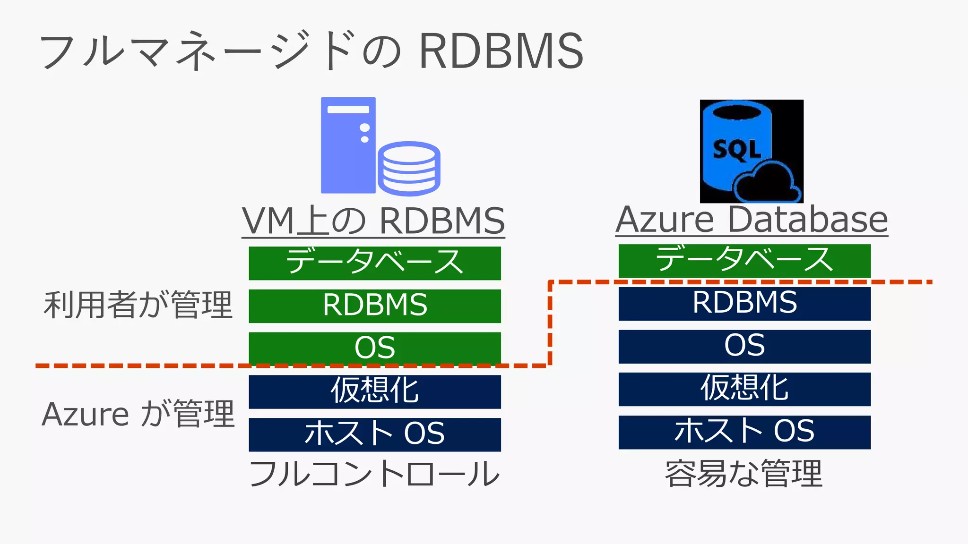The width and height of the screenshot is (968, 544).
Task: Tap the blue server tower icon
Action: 348,145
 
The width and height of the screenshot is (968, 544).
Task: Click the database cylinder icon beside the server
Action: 409,168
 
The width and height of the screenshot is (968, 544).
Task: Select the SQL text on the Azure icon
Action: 736,150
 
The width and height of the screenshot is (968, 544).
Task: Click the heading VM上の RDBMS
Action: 373,221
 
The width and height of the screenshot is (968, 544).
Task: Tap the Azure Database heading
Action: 752,220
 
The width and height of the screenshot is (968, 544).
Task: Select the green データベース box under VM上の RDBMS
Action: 375,263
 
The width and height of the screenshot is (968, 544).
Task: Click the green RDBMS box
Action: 375,306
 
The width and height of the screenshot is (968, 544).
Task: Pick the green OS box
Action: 375,348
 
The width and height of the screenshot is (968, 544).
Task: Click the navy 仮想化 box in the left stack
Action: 375,391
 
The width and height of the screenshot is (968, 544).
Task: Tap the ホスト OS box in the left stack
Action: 375,434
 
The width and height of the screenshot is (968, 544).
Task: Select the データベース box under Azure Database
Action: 744,260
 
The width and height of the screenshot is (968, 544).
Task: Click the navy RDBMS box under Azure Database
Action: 744,303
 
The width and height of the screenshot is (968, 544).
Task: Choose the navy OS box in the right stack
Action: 744,346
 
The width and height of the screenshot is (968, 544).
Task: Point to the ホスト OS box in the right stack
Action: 744,432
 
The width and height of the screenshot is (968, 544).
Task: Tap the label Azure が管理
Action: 138,414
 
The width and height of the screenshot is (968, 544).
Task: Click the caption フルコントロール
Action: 374,474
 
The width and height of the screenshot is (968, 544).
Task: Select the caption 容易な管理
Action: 744,474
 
